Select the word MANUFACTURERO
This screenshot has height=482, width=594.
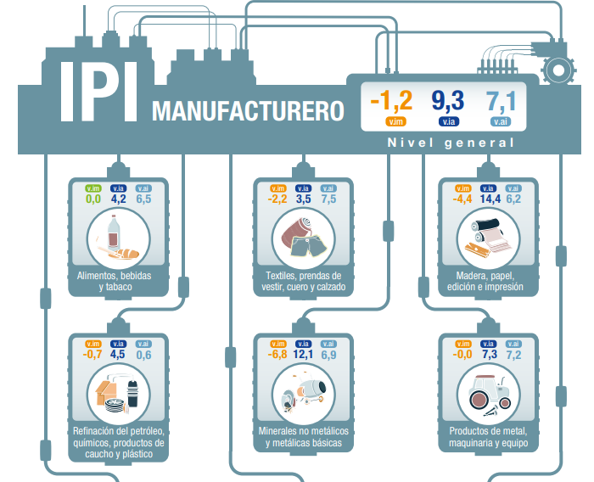pyautogui.click(x=247, y=111)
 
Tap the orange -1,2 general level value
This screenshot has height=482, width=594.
pyautogui.click(x=391, y=101)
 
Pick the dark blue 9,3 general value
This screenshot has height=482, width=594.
pyautogui.click(x=447, y=101)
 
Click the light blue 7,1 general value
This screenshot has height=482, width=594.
pyautogui.click(x=501, y=101)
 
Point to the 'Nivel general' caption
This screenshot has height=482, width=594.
pyautogui.click(x=451, y=142)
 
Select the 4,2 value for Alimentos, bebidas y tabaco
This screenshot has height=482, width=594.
pyautogui.click(x=118, y=199)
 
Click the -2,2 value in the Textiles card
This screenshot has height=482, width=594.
pyautogui.click(x=277, y=199)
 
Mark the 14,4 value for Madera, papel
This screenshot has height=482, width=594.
pyautogui.click(x=489, y=199)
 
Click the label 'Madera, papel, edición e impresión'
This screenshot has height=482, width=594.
pyautogui.click(x=486, y=281)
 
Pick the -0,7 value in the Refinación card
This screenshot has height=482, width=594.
pyautogui.click(x=92, y=355)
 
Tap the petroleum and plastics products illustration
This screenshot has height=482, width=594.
pyautogui.click(x=118, y=392)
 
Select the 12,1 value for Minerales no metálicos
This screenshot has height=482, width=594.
pyautogui.click(x=304, y=355)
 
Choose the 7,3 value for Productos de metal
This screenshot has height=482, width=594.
pyautogui.click(x=489, y=355)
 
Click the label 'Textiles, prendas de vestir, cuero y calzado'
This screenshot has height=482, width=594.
pyautogui.click(x=303, y=281)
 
